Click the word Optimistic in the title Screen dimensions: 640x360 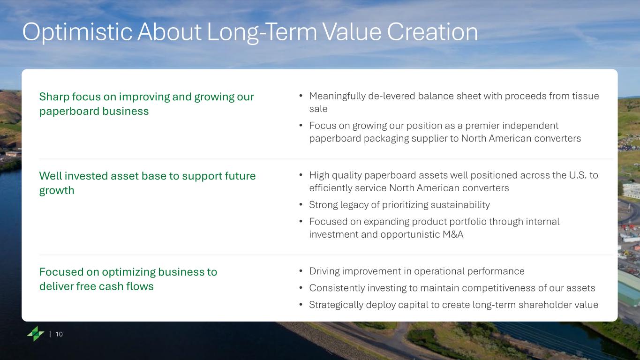[x=77, y=32]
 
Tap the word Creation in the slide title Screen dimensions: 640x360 [x=432, y=31]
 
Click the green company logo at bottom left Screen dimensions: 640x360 [x=36, y=333]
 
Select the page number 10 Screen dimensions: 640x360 [x=59, y=334]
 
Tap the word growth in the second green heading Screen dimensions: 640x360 [x=57, y=191]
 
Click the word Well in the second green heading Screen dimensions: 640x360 [x=51, y=176]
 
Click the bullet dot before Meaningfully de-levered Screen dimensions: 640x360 [x=301, y=96]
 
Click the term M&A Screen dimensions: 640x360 [x=453, y=234]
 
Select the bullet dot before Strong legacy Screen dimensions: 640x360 [x=301, y=204]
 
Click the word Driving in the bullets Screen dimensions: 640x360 [x=324, y=271]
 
